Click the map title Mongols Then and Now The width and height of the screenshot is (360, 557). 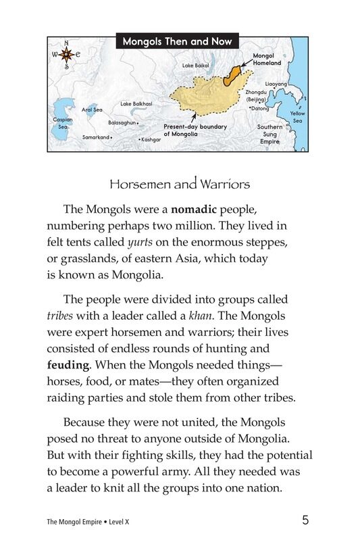pos(177,42)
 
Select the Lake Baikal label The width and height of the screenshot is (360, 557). pos(197,66)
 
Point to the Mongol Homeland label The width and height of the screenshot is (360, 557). pos(267,59)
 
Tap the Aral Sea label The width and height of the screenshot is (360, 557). pos(92,110)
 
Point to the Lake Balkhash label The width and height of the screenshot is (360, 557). pos(136,103)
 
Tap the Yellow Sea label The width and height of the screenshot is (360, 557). pos(297,117)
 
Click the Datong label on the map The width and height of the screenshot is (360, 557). pos(259,108)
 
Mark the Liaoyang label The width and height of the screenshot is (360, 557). pos(276,84)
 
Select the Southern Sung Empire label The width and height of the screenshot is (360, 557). pos(269,134)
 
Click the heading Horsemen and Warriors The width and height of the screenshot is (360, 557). pos(180,183)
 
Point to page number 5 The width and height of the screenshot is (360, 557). pos(306,520)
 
